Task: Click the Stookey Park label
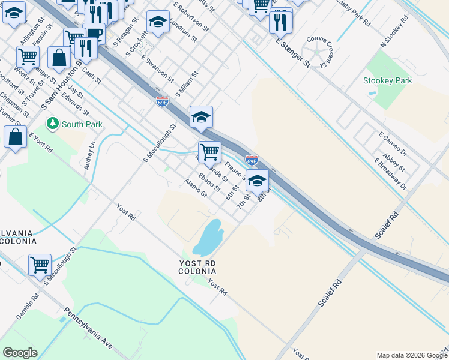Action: pyautogui.click(x=387, y=80)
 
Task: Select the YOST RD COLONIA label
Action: pyautogui.click(x=197, y=267)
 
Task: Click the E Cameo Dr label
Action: pyautogui.click(x=393, y=144)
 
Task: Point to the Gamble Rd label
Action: pyautogui.click(x=28, y=305)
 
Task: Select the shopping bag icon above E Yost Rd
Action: pyautogui.click(x=15, y=136)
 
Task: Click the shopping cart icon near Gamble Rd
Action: pyautogui.click(x=40, y=264)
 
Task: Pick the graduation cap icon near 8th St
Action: pyautogui.click(x=257, y=180)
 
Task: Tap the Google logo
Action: pyautogui.click(x=20, y=353)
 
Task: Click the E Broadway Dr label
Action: pyautogui.click(x=390, y=174)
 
